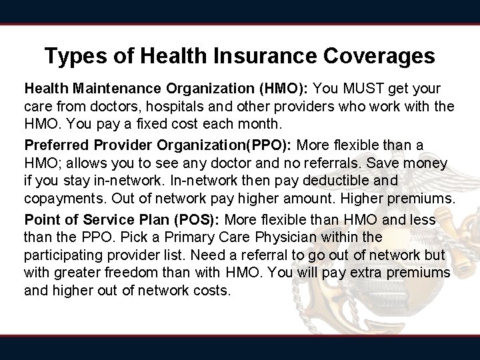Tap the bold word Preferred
tap(53, 145)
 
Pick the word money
tap(425, 163)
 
